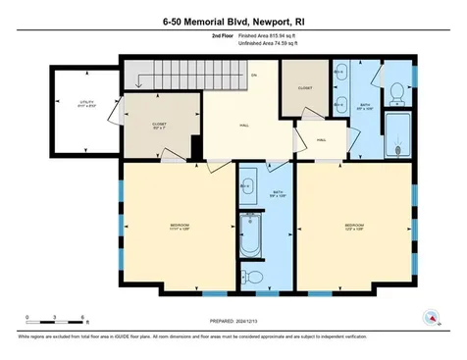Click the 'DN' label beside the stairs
click(253, 77)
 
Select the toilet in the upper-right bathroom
click(397, 92)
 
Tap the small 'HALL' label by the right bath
click(321, 140)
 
